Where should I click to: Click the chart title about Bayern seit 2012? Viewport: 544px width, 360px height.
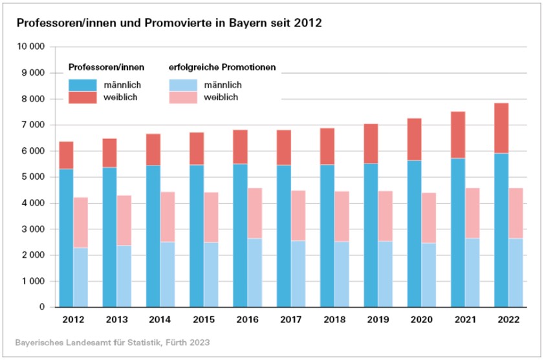click(168, 23)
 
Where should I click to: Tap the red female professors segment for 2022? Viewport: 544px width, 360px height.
click(501, 128)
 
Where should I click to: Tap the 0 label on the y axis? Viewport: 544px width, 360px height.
click(41, 308)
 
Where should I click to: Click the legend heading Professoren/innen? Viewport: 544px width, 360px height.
click(106, 67)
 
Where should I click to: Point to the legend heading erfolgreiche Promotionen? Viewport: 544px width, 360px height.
click(222, 67)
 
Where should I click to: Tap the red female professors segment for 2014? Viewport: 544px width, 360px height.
click(153, 149)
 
